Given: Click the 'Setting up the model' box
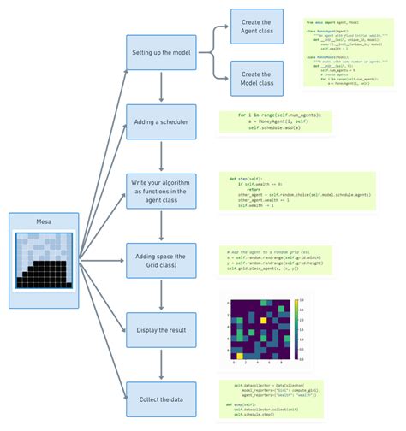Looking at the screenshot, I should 162,53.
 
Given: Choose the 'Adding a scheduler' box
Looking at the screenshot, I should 162,122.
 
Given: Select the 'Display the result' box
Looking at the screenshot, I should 162,328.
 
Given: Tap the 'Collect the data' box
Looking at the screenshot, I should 162,399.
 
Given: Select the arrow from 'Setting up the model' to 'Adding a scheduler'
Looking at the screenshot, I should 162,87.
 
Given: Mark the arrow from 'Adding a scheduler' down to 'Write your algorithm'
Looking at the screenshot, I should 162,156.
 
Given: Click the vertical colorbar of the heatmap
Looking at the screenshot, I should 297,327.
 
